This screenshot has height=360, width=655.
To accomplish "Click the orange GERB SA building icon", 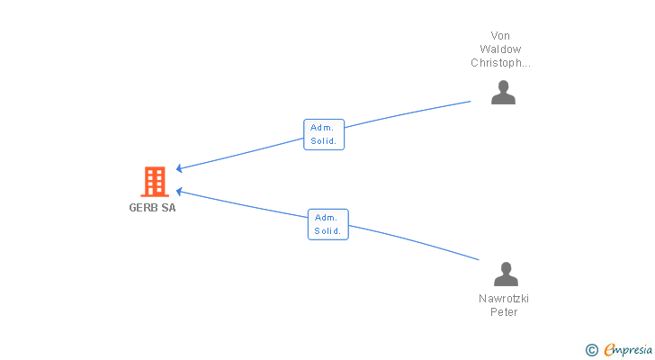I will tap(154, 182).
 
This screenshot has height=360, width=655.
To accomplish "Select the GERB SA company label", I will tap(152, 208).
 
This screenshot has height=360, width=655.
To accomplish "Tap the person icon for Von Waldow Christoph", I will tap(503, 92).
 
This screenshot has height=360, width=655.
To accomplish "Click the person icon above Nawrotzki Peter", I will tap(506, 274).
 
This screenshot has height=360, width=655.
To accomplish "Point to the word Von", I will tap(500, 36).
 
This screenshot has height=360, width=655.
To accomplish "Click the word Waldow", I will tap(500, 49).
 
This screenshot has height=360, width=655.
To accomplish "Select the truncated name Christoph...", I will tap(500, 63).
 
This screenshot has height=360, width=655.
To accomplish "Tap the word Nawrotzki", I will tap(504, 299).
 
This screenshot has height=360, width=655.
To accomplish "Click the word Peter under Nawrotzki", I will tap(504, 312).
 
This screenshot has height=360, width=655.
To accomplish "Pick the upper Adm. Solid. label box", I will tap(324, 134).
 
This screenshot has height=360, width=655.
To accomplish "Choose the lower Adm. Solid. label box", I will tap(327, 224).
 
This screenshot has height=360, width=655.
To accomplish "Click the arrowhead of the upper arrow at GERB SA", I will tap(180, 168).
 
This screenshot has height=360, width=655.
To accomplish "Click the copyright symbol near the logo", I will tap(591, 350).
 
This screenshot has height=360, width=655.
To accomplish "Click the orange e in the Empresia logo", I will tap(609, 350).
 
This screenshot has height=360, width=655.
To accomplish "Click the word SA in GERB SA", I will tap(168, 208).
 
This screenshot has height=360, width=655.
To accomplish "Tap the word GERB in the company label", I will tap(144, 208).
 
